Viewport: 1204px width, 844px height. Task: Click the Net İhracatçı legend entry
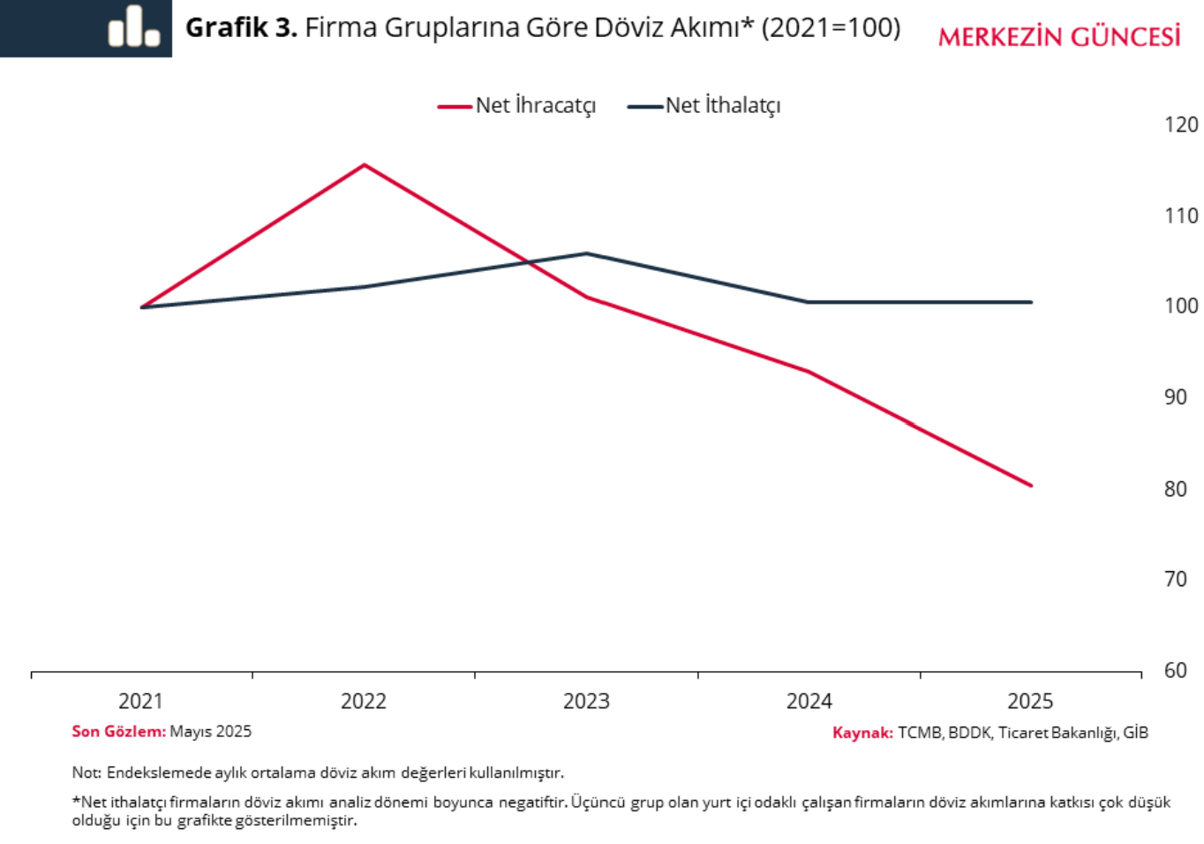(x=517, y=106)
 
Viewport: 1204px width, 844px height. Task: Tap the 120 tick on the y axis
(x=1180, y=125)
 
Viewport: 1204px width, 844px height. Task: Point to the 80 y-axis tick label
(x=1175, y=489)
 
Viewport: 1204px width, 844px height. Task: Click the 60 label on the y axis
(x=1175, y=671)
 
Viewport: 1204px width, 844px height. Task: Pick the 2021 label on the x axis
(x=140, y=702)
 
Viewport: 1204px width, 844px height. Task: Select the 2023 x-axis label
(x=586, y=702)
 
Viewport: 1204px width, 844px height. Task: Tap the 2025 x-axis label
(x=1030, y=702)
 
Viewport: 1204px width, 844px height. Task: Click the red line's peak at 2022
(x=365, y=165)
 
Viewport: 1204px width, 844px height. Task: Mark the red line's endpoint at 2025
(x=1031, y=486)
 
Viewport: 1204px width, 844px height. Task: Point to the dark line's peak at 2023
(x=587, y=253)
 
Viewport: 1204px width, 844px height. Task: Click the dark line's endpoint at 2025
(x=1031, y=302)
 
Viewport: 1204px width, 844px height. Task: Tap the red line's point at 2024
(x=809, y=372)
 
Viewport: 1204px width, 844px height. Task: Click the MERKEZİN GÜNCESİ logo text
(x=1058, y=37)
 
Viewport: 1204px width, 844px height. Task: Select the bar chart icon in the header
(x=133, y=26)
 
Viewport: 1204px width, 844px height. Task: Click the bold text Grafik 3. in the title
(x=240, y=28)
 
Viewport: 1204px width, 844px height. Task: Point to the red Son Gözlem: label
(x=118, y=732)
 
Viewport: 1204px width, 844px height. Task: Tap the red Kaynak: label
(x=862, y=733)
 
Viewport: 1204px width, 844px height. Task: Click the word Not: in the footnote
(x=87, y=773)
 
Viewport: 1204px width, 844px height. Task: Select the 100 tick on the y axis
(x=1180, y=306)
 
